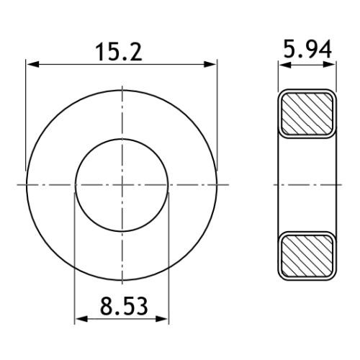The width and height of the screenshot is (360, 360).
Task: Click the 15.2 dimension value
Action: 119,52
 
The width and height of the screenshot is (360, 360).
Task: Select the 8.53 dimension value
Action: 124,306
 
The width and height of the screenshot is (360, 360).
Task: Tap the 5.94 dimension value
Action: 307,49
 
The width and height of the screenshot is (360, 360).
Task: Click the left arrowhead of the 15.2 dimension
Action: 32,64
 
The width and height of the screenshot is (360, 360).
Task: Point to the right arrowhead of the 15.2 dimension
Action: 210,64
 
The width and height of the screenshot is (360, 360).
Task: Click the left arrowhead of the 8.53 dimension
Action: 81,319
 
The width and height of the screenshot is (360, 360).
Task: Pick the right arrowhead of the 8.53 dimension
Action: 162,319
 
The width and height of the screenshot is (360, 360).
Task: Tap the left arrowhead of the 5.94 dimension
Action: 285,65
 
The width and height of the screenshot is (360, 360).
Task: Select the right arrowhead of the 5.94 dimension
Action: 329,65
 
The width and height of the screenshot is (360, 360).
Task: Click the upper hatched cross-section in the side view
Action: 307,114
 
